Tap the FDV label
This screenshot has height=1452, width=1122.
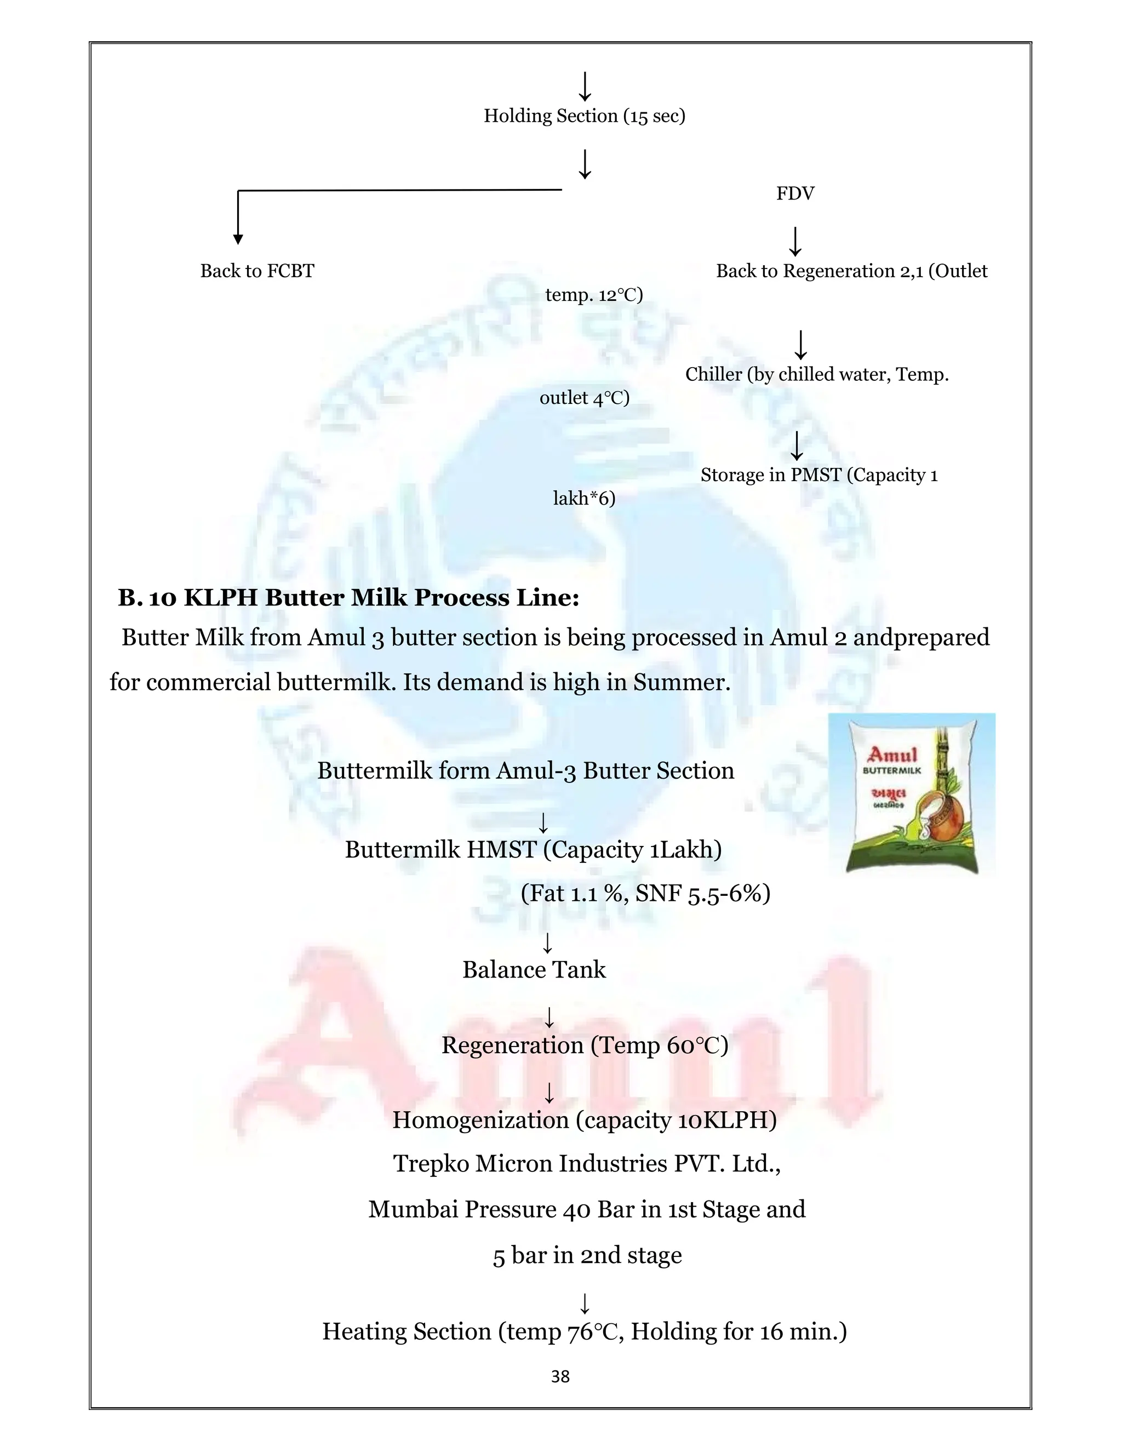[795, 193]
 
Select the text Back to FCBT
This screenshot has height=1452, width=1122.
[257, 271]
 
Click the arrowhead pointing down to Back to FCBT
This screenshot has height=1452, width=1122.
[238, 239]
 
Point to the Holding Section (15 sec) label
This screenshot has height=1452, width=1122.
[584, 116]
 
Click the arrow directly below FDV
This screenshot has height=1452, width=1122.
[795, 241]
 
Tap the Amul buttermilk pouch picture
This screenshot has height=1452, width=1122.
[911, 794]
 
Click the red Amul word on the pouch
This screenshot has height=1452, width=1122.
[892, 754]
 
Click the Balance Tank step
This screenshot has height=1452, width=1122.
[534, 970]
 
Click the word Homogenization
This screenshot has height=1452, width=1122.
[480, 1121]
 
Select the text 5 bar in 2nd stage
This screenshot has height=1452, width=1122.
[587, 1255]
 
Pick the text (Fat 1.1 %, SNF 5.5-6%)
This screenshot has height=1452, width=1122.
[645, 894]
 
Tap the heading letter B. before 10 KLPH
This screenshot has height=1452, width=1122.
[130, 598]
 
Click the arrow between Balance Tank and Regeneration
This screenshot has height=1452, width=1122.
[549, 1017]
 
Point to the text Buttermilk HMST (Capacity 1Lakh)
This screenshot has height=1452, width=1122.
[533, 850]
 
